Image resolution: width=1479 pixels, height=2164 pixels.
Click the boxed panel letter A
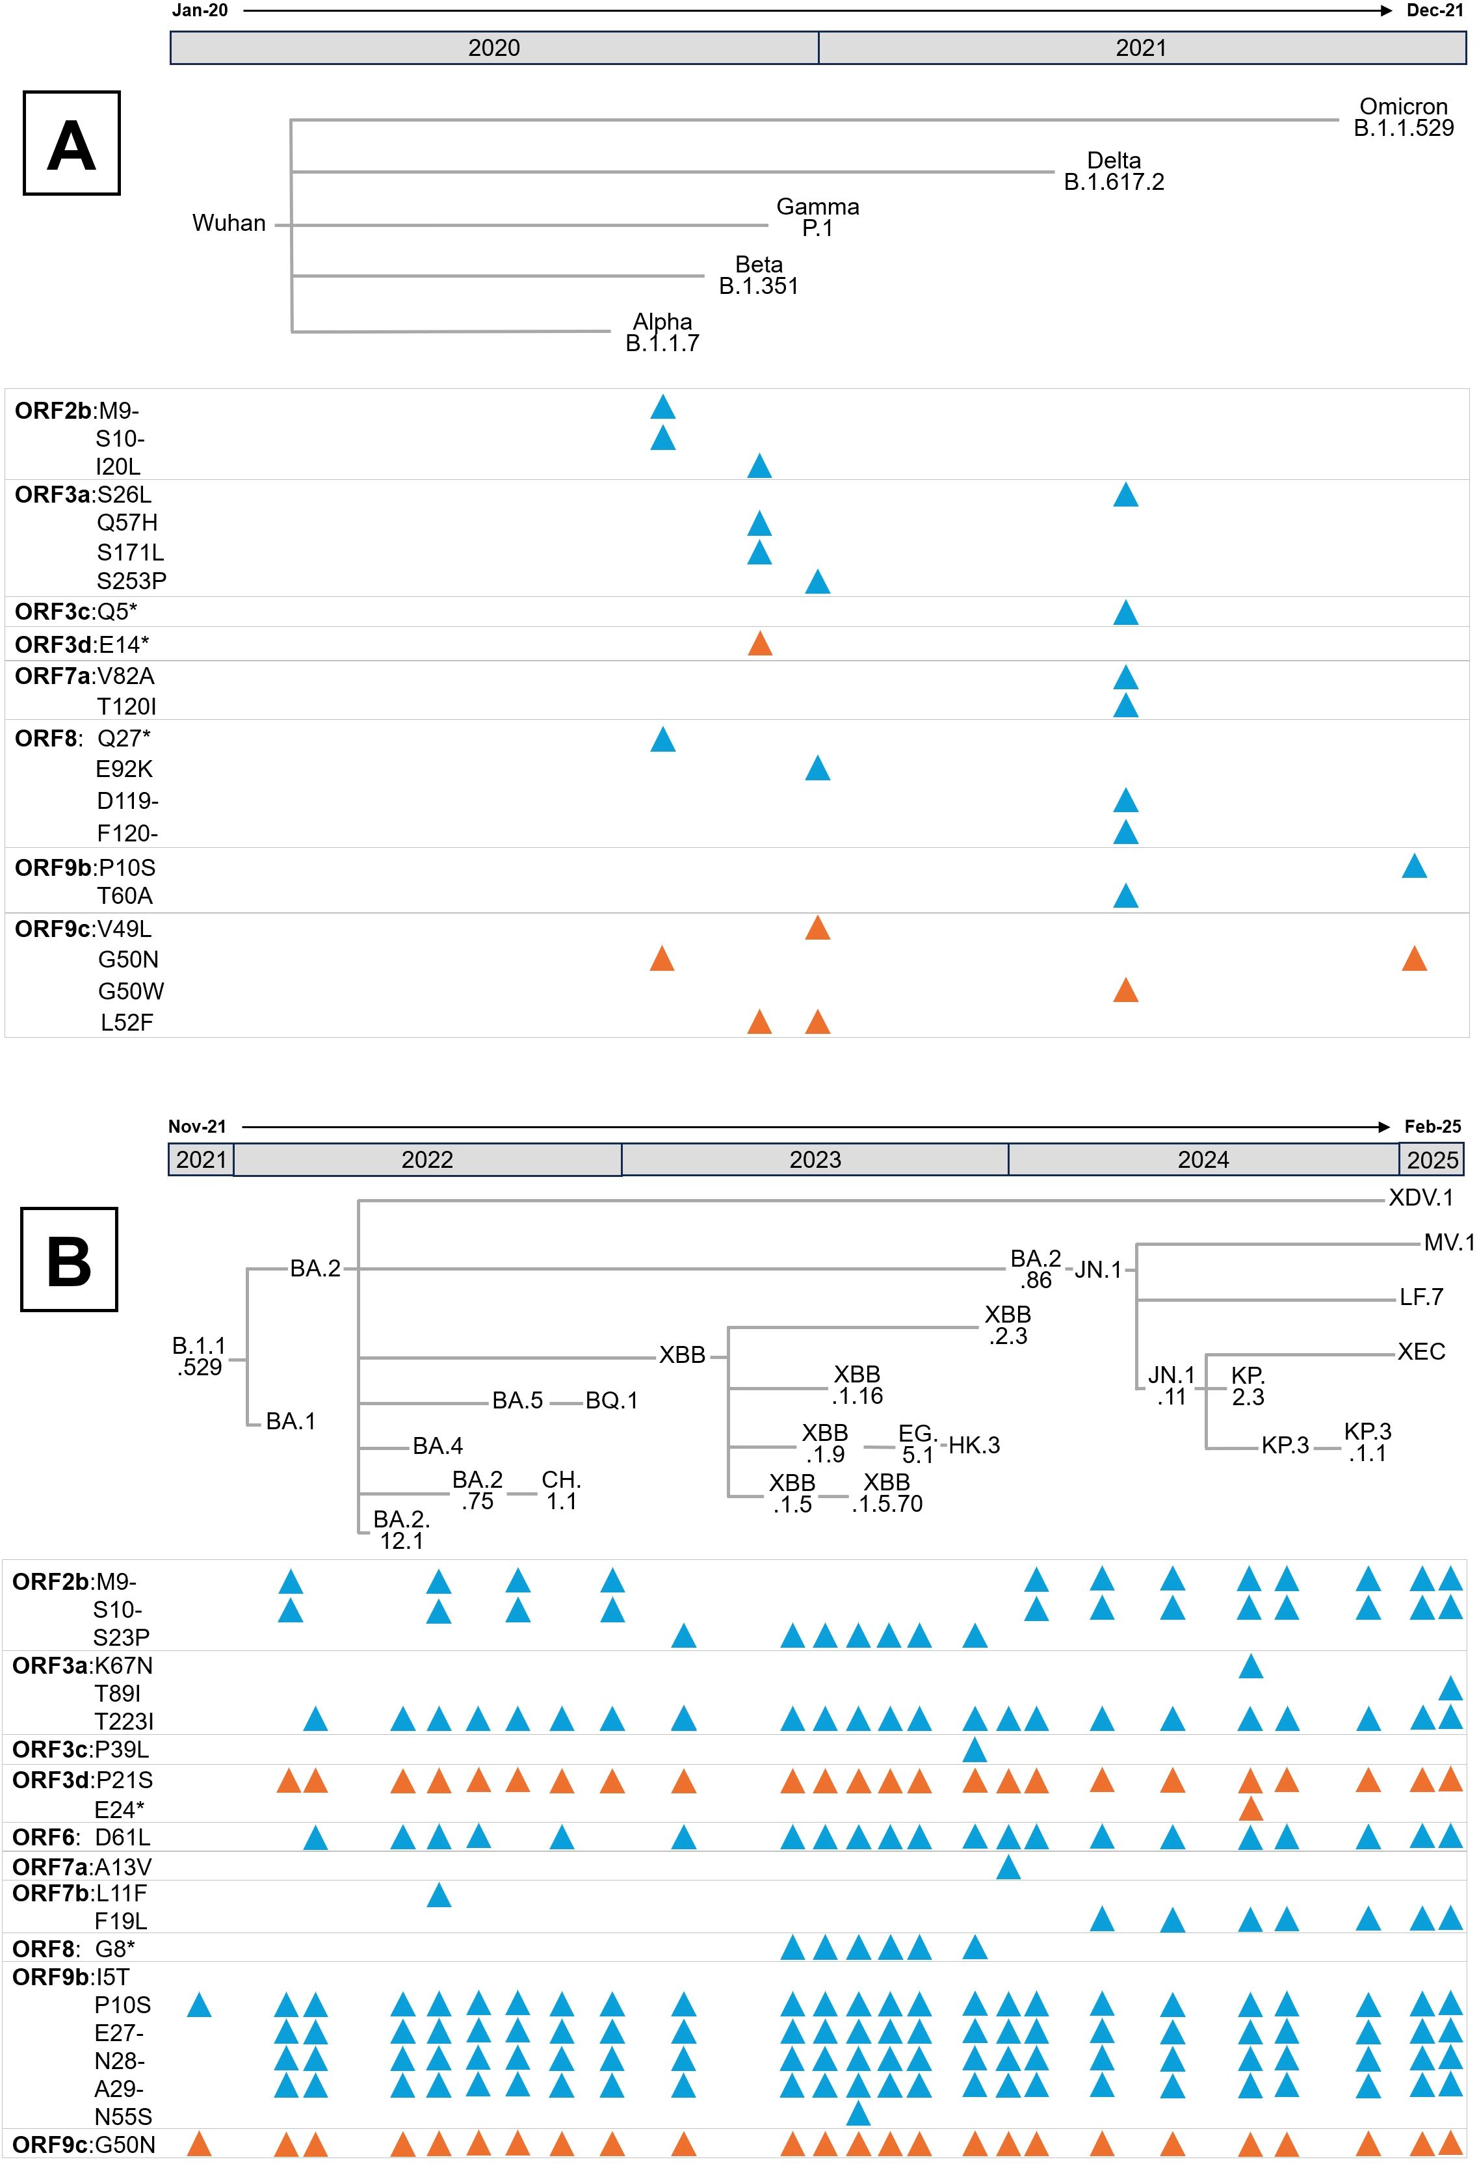72,144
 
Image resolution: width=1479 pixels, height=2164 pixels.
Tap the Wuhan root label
229,224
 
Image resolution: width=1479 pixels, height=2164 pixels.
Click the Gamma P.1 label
817,218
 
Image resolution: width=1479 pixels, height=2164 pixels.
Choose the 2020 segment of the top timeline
494,48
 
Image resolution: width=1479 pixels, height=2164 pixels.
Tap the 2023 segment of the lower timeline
815,1160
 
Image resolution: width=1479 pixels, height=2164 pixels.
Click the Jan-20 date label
200,11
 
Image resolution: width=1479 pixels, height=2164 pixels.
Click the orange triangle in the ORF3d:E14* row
759,644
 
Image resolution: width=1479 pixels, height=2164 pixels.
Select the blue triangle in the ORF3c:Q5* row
1125,613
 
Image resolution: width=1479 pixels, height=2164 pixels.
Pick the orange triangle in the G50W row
1125,991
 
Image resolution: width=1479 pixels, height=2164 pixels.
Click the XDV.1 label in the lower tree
1420,1198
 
